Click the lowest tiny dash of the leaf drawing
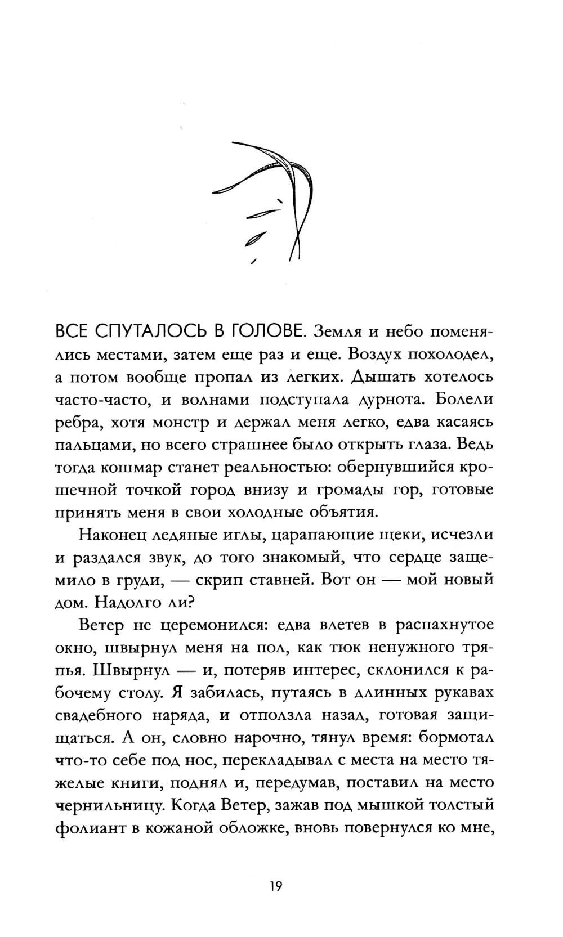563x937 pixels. click(x=253, y=261)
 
